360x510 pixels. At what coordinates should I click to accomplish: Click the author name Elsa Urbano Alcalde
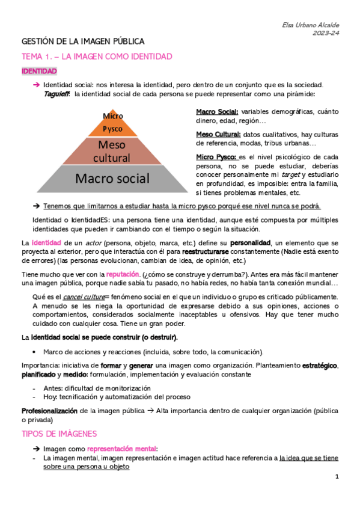click(310, 25)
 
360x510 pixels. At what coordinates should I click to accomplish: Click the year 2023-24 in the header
click(326, 33)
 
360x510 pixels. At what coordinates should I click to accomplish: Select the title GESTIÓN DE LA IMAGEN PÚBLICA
click(83, 41)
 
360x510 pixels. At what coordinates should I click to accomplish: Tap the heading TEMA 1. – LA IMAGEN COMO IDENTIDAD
click(97, 57)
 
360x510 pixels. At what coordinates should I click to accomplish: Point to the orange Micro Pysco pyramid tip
click(112, 123)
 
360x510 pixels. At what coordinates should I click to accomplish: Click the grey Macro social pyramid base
click(112, 178)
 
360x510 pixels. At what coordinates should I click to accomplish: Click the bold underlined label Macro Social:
click(217, 112)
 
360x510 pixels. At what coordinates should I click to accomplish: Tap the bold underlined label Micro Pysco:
click(216, 156)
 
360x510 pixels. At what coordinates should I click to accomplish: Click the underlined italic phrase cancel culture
click(84, 297)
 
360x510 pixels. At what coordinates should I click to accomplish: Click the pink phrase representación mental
click(121, 449)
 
